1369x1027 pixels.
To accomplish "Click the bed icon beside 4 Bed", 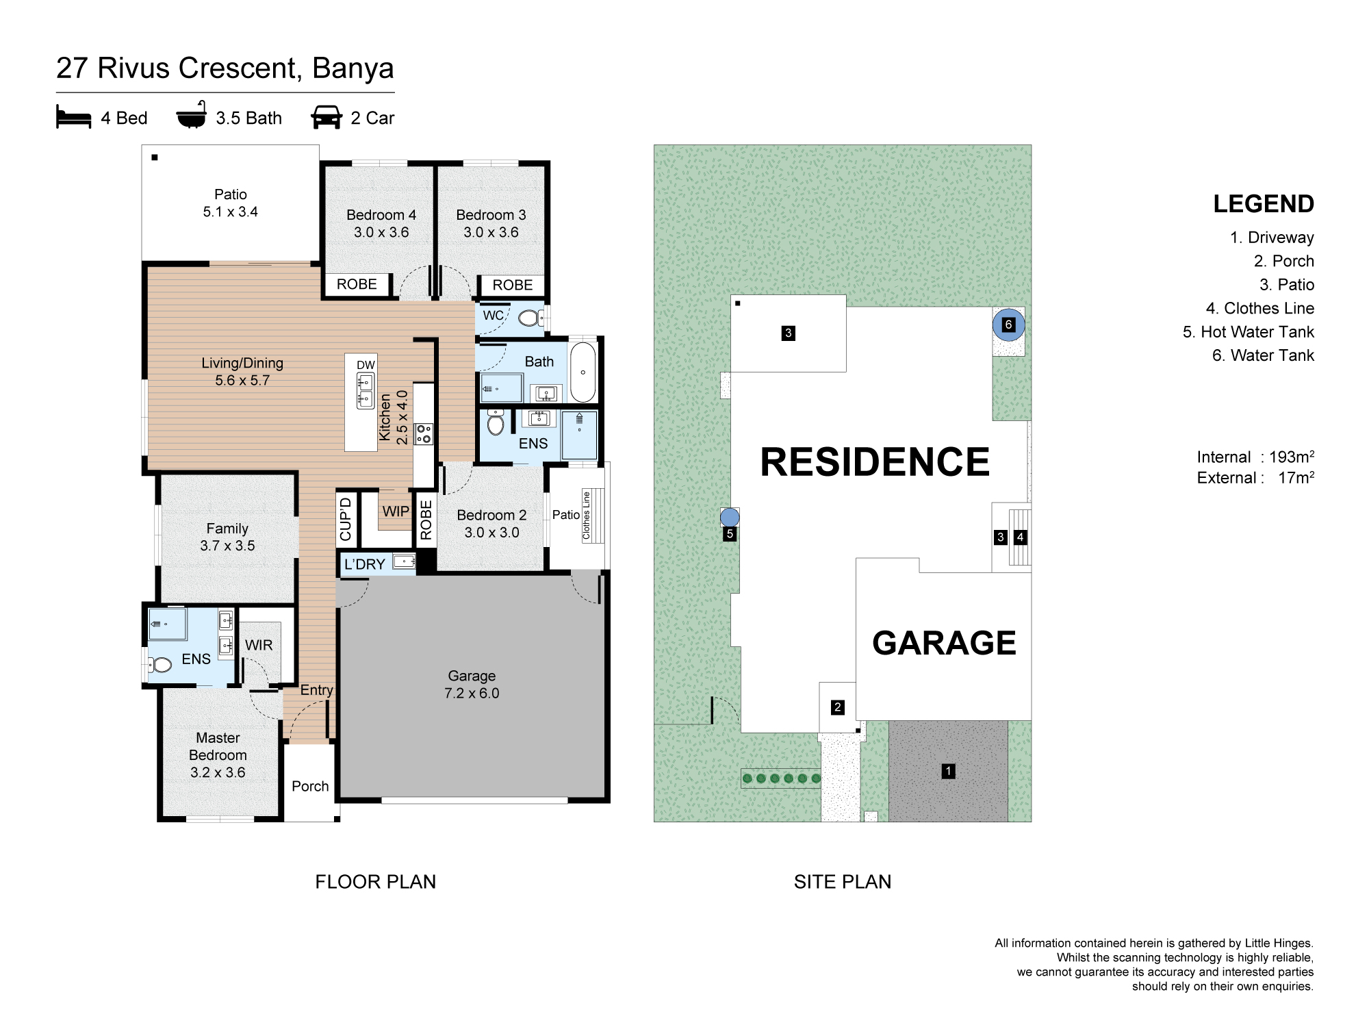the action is coord(73,117).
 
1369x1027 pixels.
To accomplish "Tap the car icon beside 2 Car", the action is coord(327,117).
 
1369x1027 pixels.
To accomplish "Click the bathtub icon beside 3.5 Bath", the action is coord(192,115).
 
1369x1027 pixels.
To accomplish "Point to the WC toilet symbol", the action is coord(528,318).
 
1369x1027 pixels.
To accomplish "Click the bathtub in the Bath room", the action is coord(583,372).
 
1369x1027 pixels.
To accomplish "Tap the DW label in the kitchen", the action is coord(366,365).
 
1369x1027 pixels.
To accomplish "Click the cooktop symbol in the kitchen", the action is coord(424,433).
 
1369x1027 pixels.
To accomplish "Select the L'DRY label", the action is coord(365,564).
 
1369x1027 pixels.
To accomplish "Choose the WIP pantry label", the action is coord(396,511).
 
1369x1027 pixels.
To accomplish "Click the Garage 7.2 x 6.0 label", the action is coord(472,685).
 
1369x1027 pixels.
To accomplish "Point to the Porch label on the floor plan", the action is coord(310,786).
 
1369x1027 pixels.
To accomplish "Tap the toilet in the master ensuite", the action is coord(160,664).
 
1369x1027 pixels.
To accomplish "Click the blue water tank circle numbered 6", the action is coord(1008,325).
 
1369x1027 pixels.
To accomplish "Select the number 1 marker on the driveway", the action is coord(948,771).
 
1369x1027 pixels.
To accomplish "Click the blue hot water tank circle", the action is coord(730,517).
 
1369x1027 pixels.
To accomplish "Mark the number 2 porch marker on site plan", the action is coord(838,707).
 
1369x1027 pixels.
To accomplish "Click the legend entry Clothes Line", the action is coord(1260,308).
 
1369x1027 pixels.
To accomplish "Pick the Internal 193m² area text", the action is coord(1255,457).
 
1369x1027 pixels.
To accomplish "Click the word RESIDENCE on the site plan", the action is coord(875,461).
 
